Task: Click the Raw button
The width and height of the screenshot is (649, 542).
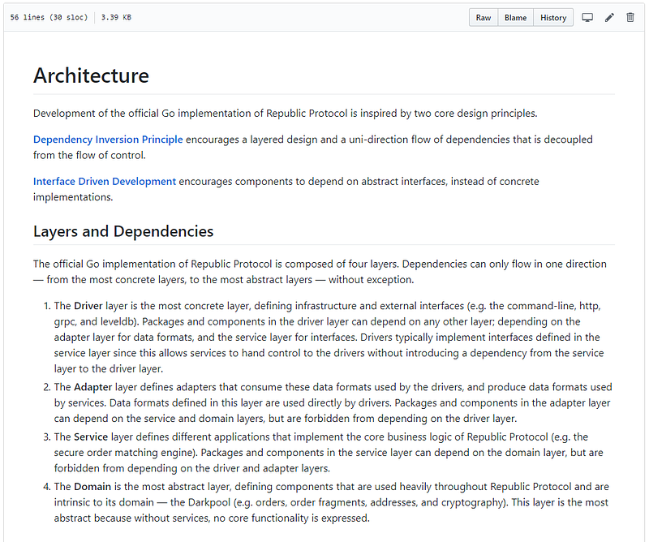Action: (x=484, y=18)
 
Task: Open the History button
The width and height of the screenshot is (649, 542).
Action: (x=553, y=18)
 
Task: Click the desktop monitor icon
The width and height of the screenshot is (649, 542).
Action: (x=588, y=18)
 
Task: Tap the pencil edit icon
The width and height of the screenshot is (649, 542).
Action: (x=610, y=18)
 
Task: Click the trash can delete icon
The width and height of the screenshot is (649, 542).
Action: (x=630, y=18)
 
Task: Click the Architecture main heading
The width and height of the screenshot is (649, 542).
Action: (x=91, y=76)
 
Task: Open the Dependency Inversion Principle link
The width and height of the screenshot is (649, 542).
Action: (x=108, y=140)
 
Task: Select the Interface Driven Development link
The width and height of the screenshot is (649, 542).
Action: (x=105, y=181)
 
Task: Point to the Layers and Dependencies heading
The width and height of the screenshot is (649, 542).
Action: (x=123, y=231)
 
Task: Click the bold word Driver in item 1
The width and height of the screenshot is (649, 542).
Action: (x=88, y=306)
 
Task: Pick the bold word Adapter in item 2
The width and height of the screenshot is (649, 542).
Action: (x=92, y=387)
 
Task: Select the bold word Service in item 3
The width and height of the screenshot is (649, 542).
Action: (x=91, y=437)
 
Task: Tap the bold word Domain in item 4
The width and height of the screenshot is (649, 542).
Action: (x=92, y=487)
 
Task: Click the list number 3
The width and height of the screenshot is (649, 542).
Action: (x=45, y=437)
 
